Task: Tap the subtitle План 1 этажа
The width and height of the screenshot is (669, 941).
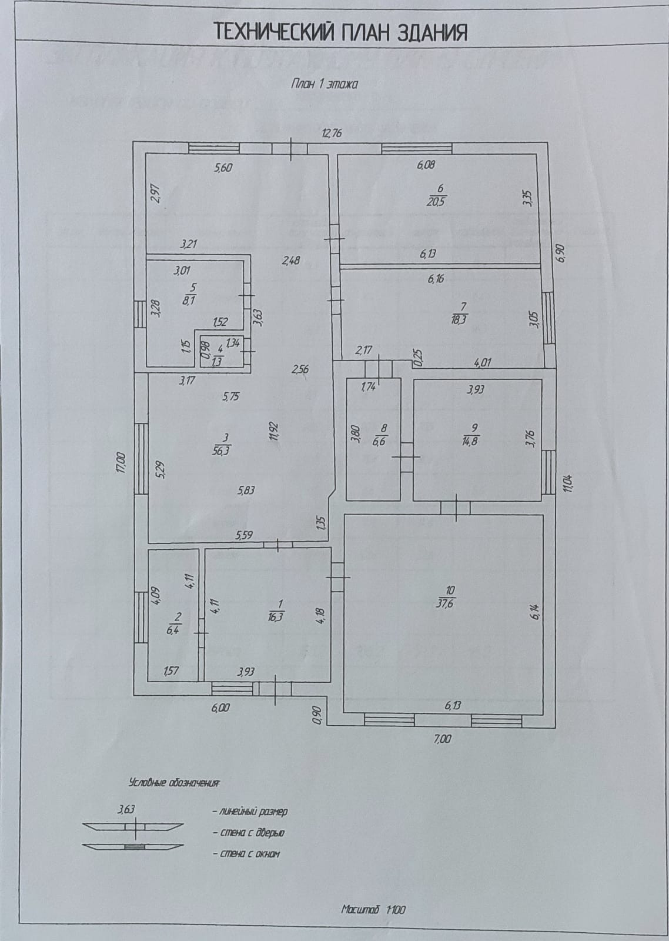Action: pos(325,84)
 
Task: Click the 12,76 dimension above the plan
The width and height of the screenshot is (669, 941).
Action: pos(332,133)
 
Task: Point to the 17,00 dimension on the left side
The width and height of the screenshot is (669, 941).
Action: pos(121,461)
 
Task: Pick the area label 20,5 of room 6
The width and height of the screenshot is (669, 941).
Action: pos(437,200)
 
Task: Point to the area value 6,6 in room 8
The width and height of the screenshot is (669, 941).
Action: pos(379,442)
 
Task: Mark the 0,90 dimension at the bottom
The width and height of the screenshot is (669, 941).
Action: pos(317,713)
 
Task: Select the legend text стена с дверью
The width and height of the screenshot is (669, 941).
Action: pos(251,833)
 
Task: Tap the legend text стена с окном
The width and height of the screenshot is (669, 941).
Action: pos(247,853)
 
